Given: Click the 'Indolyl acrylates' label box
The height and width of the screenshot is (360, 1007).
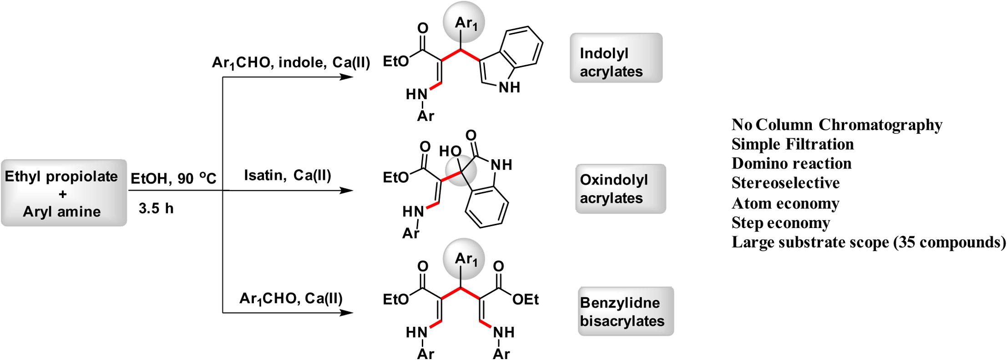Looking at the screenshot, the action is [x=616, y=58].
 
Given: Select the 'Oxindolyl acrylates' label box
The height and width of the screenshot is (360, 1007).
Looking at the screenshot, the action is [x=621, y=189].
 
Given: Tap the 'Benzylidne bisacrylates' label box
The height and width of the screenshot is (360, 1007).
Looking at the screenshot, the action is [x=626, y=311].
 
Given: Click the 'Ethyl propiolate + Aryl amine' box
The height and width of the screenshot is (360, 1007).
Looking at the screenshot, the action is [x=63, y=193].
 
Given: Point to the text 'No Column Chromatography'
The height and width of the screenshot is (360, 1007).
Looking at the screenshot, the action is [x=837, y=125].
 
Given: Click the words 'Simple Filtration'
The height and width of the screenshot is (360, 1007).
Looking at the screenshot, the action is [x=793, y=144].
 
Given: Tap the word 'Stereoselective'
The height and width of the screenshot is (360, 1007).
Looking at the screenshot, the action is [x=786, y=183].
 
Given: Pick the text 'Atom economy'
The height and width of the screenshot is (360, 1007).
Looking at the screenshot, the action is [x=785, y=203].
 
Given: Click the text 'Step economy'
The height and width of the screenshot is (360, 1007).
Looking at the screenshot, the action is [x=781, y=223].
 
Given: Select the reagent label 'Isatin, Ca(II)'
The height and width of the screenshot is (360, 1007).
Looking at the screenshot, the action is [x=288, y=175].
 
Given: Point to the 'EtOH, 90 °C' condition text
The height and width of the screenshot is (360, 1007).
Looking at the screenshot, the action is [x=173, y=177].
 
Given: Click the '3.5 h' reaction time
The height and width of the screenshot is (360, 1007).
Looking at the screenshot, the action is [x=156, y=208].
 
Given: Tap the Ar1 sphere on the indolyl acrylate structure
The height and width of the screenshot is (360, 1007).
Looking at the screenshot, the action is [x=464, y=22].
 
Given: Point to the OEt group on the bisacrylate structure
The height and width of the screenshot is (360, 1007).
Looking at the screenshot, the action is [x=526, y=300].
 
